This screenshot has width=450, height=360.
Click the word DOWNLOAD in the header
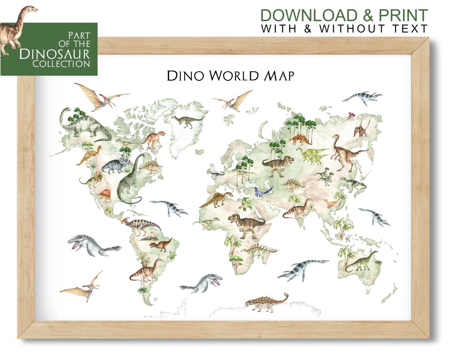tap(303, 15)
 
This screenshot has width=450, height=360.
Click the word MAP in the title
tap(280, 76)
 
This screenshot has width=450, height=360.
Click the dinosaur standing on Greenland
tap(187, 120)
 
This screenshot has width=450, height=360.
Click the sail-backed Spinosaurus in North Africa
tap(216, 199)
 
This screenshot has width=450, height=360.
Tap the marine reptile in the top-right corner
tap(362, 98)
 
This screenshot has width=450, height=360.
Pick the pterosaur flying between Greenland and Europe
tap(233, 101)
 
